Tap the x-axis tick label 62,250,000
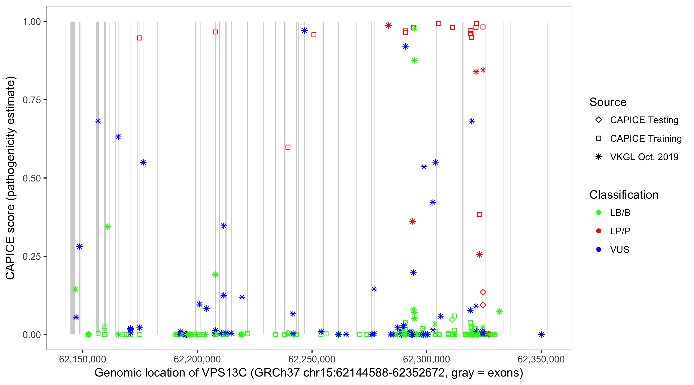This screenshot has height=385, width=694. [x=312, y=359]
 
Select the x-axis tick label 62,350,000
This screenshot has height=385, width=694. [x=541, y=359]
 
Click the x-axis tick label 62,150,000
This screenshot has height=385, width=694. [x=83, y=359]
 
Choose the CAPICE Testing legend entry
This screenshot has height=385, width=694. [x=644, y=120]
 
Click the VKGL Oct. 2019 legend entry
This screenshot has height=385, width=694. [x=644, y=157]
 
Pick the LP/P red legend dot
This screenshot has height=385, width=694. [x=599, y=231]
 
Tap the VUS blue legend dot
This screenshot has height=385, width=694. [x=599, y=249]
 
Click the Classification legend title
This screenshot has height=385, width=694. [x=624, y=195]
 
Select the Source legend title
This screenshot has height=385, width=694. [x=608, y=102]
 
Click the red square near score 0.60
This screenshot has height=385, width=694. [x=288, y=147]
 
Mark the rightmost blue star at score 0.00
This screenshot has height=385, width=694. [x=541, y=334]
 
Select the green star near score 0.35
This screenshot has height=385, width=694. [x=107, y=227]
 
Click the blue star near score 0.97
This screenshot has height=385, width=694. [x=304, y=31]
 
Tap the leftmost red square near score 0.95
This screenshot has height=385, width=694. [x=140, y=38]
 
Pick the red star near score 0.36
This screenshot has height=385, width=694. [x=413, y=222]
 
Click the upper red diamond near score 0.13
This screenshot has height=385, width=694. [x=483, y=292]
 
